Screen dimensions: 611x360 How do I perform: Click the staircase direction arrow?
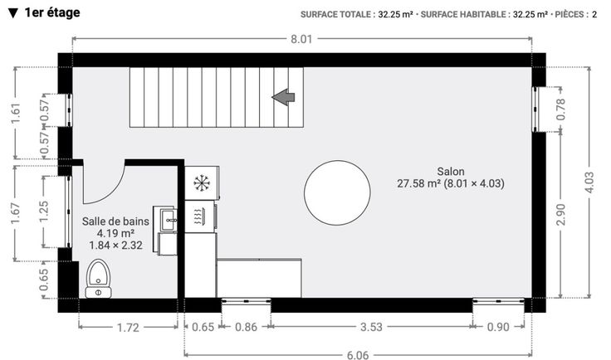[283, 97]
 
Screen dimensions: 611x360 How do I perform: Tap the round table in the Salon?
[337, 192]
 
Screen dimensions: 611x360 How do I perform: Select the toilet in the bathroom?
[98, 278]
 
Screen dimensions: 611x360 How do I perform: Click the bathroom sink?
[169, 220]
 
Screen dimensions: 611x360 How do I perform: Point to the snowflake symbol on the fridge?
[202, 183]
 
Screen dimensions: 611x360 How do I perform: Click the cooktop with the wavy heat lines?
[198, 216]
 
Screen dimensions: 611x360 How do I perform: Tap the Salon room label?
[451, 171]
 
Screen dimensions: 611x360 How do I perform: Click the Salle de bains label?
[115, 221]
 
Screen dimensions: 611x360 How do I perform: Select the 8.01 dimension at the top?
[301, 39]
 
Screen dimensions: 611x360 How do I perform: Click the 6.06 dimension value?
[357, 355]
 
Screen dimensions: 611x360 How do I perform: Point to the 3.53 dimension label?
[371, 327]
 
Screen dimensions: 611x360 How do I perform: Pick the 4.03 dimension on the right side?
[589, 182]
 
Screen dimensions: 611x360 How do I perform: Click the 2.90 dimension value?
[560, 215]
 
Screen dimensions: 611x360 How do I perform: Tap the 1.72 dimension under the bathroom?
[128, 328]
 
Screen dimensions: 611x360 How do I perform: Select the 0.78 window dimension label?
[560, 109]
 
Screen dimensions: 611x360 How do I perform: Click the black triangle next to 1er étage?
[13, 13]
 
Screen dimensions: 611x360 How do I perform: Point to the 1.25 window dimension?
[44, 212]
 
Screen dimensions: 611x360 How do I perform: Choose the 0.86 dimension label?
[246, 327]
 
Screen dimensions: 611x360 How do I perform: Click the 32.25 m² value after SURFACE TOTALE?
[395, 15]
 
